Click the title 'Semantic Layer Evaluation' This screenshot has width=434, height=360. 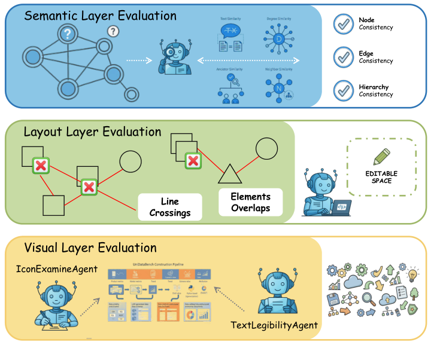pos(101,16)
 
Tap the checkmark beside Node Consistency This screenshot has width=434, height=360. pos(343,24)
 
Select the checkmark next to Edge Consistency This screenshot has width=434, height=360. pos(343,57)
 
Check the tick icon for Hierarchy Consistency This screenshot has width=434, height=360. pos(343,91)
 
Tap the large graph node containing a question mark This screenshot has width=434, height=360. pos(68,35)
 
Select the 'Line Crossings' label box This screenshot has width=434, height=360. pos(170,207)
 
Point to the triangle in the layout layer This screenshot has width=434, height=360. pos(229,174)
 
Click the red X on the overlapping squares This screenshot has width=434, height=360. pos(193,160)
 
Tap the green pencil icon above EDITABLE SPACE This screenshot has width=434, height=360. pos(383,155)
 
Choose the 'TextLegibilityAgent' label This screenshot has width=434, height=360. pos(274,325)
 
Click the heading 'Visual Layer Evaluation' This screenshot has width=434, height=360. pos(90,248)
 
